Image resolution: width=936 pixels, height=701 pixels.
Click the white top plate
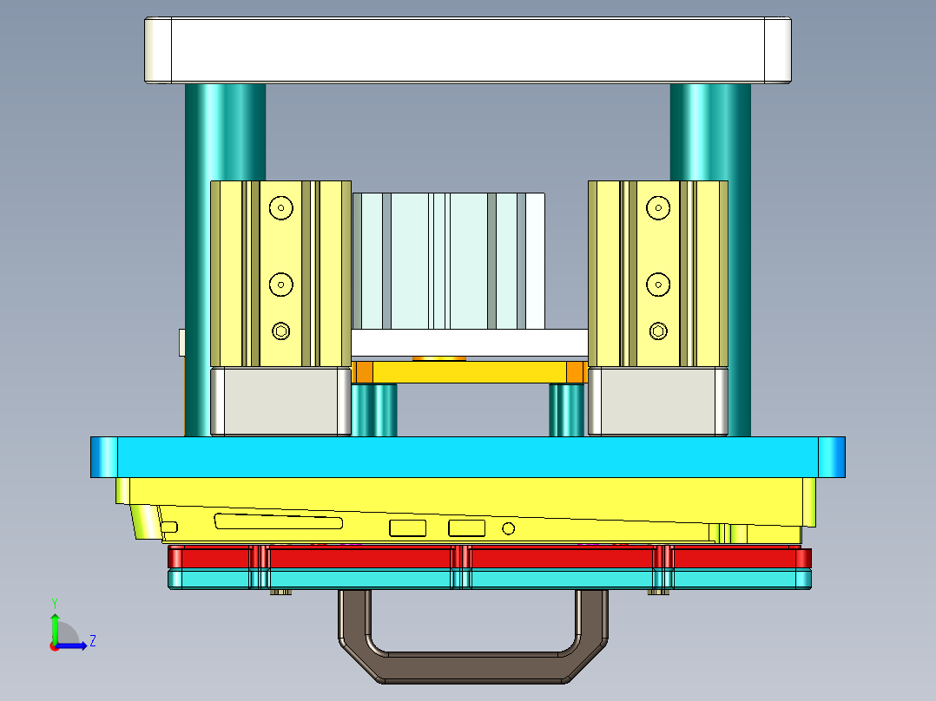coord(467,50)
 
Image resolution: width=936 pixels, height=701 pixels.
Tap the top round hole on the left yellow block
coord(280,207)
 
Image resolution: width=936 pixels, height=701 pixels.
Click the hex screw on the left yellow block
coord(280,331)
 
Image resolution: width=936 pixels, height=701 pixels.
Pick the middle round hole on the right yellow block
coord(658,284)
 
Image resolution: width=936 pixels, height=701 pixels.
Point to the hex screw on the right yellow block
coord(658,331)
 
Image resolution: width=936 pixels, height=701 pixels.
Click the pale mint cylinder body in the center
coord(449,260)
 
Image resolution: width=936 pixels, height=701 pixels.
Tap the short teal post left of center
coord(375,410)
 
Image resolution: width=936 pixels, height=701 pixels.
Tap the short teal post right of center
coord(566,410)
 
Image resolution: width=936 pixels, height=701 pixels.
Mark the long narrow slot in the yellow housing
coord(278,522)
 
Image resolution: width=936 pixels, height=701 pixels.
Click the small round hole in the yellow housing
coord(509,527)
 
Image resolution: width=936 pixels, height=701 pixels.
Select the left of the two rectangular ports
coord(408,527)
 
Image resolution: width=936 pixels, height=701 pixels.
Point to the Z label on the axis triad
coord(92,641)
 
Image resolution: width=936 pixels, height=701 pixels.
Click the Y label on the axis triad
coord(54,602)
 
